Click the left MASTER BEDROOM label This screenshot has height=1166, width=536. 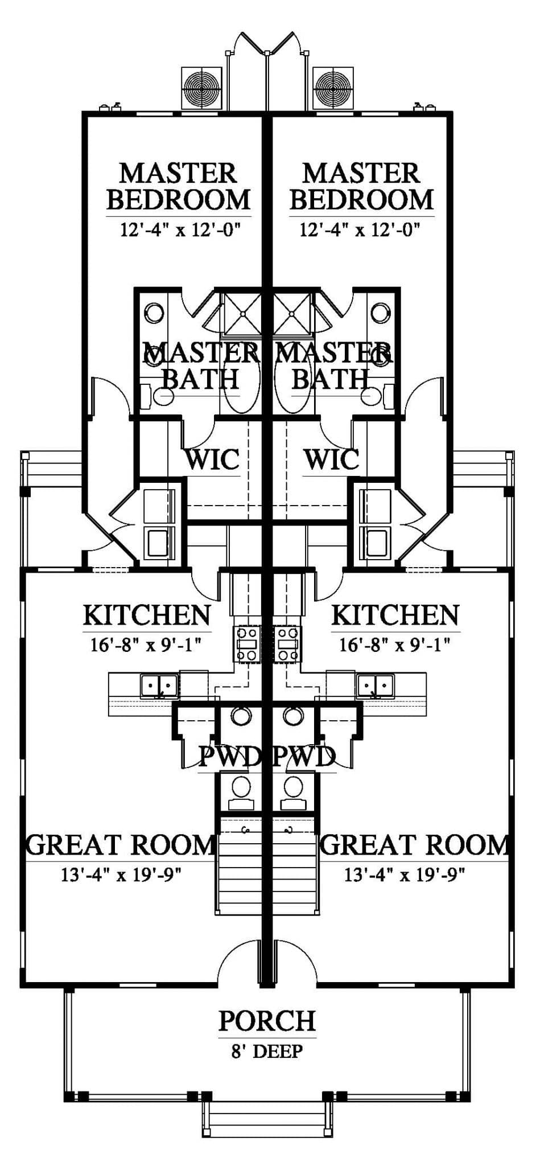pyautogui.click(x=179, y=186)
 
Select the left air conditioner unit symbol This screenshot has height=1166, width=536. pyautogui.click(x=201, y=88)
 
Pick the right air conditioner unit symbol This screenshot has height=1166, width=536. pyautogui.click(x=333, y=88)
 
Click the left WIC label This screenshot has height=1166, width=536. pyautogui.click(x=212, y=459)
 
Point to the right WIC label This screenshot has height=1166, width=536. pyautogui.click(x=331, y=459)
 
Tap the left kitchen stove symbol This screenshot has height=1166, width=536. pyautogui.click(x=248, y=643)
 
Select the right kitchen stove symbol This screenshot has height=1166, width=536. pyautogui.click(x=287, y=643)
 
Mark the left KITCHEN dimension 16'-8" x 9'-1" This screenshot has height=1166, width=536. pyautogui.click(x=147, y=645)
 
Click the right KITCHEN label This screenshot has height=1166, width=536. pyautogui.click(x=395, y=615)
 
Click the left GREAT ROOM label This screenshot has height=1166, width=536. pyautogui.click(x=121, y=845)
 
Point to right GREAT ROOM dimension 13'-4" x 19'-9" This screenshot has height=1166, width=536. pyautogui.click(x=405, y=874)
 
